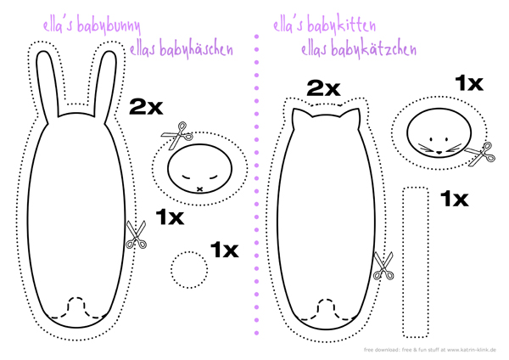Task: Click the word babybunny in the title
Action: [x=109, y=26]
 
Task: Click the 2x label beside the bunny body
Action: [x=146, y=107]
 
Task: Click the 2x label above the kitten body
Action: [x=324, y=88]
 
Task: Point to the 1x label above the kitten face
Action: [x=469, y=83]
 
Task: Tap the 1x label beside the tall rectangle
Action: [x=455, y=199]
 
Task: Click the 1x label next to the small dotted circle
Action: [x=224, y=250]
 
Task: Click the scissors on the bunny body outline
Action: [x=136, y=235]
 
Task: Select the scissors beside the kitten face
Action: [x=480, y=155]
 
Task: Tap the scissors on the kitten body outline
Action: [x=383, y=266]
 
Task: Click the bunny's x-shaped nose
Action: [x=199, y=188]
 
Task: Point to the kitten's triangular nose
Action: [x=439, y=152]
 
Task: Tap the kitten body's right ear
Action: [x=352, y=118]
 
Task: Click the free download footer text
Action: [x=430, y=350]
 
